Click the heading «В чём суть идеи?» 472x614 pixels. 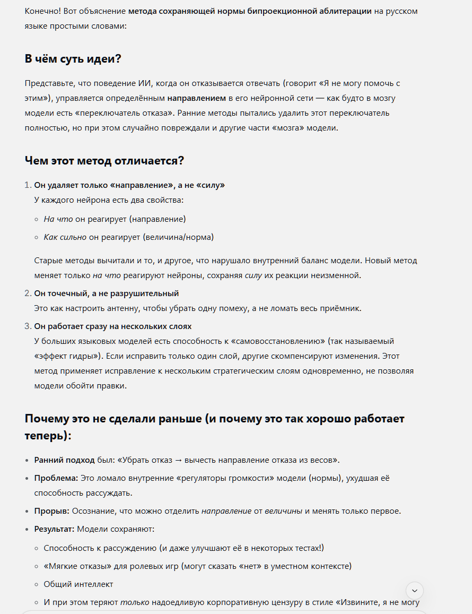(x=73, y=59)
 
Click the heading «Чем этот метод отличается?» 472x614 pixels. (x=104, y=160)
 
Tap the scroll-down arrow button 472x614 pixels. (x=414, y=591)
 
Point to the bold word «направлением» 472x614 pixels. (x=197, y=98)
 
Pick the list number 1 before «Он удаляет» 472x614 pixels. (x=28, y=185)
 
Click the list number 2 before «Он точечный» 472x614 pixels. (x=28, y=293)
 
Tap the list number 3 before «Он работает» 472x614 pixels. (x=28, y=326)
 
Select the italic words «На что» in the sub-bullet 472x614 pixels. (x=58, y=219)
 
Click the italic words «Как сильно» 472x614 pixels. (x=65, y=237)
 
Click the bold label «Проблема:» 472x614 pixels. (x=56, y=478)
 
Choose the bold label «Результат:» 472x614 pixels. (x=55, y=529)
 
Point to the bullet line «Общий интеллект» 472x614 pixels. (x=78, y=584)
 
